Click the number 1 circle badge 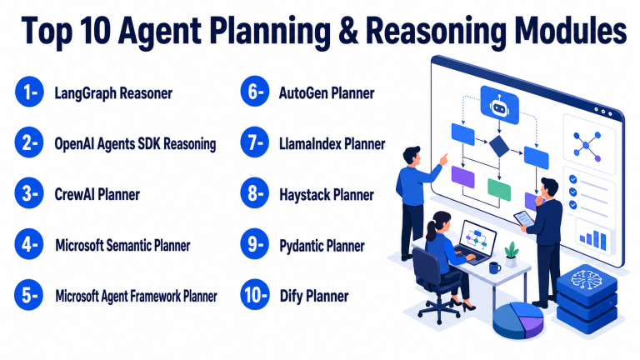pyautogui.click(x=29, y=92)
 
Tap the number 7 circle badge pyautogui.click(x=255, y=142)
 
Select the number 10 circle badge pyautogui.click(x=255, y=295)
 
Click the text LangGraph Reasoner pyautogui.click(x=113, y=93)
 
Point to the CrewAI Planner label pyautogui.click(x=97, y=194)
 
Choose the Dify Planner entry pyautogui.click(x=314, y=296)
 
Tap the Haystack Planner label pyautogui.click(x=327, y=195)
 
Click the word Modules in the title pyautogui.click(x=570, y=31)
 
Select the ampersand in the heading pyautogui.click(x=348, y=31)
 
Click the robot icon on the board pyautogui.click(x=500, y=105)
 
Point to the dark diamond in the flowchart pyautogui.click(x=499, y=147)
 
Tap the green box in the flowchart pyautogui.click(x=499, y=189)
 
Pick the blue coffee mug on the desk pyautogui.click(x=495, y=267)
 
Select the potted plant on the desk pyautogui.click(x=511, y=254)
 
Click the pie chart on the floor pyautogui.click(x=518, y=320)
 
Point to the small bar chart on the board pyautogui.click(x=593, y=239)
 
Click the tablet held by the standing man pyautogui.click(x=523, y=218)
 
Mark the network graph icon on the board pyautogui.click(x=587, y=145)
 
